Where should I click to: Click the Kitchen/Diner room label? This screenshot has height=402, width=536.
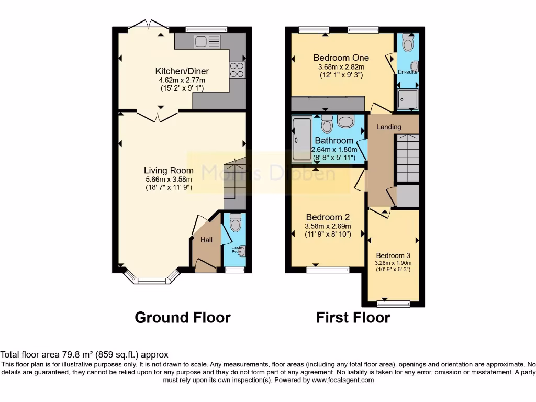182,71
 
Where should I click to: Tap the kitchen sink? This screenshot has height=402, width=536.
207,41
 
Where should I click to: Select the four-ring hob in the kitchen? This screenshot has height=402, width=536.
237,70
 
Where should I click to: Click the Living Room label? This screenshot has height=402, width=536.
169,170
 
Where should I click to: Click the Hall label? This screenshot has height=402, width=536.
207,240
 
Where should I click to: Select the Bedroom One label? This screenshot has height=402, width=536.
341,58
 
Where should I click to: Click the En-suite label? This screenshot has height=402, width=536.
407,72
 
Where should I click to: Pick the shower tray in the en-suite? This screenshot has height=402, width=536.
407,99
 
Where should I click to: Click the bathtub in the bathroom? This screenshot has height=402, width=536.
301,139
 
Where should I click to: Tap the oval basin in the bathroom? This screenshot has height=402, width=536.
346,122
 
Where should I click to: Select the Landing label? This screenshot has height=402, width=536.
388,127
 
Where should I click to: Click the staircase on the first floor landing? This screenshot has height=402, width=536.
407,157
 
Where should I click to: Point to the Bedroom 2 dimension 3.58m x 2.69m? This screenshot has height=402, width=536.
328,226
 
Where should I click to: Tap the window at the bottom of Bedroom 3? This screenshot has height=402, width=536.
393,304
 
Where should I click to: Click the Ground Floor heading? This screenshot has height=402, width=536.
182,318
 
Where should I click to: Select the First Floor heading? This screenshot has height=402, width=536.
353,318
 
